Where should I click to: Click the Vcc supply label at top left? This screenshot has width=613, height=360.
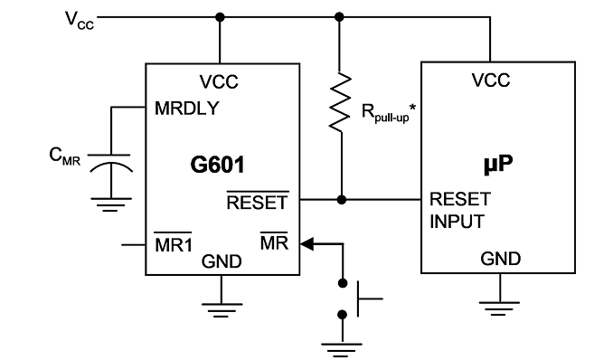[x=80, y=20]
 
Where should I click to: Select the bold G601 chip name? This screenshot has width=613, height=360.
[x=217, y=165]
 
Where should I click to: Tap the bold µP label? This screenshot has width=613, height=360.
[x=498, y=164]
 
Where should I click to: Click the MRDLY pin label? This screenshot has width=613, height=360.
[x=186, y=109]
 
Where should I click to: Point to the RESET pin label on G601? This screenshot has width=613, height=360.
[x=258, y=203]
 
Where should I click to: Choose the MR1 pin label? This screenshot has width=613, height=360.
[x=174, y=244]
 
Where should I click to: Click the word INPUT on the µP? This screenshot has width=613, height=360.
[x=457, y=222]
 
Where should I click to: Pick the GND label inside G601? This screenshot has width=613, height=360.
[x=222, y=261]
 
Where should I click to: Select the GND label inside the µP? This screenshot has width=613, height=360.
[x=500, y=259]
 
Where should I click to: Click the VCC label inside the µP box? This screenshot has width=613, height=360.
[x=491, y=81]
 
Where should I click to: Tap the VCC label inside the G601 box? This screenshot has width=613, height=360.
[x=219, y=82]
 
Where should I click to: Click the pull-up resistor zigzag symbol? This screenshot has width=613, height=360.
[x=340, y=101]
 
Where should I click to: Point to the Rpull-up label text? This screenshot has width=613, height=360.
[x=388, y=113]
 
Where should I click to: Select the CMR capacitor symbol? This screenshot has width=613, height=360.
[x=110, y=164]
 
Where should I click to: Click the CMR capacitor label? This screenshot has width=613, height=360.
[x=64, y=156]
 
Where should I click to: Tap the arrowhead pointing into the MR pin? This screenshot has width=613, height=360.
[x=306, y=244]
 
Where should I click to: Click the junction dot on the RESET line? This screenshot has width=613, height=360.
[x=342, y=200]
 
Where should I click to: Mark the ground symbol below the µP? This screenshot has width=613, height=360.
[x=499, y=308]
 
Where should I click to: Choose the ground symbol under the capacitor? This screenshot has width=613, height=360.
[x=111, y=204]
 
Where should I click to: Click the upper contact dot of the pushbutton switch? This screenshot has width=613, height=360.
[x=343, y=283]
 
